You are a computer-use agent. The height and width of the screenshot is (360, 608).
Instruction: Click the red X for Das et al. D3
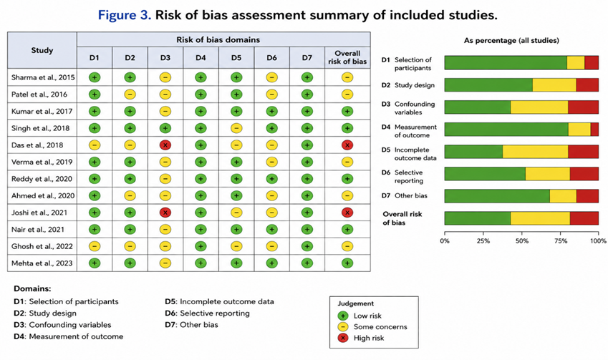(165, 145)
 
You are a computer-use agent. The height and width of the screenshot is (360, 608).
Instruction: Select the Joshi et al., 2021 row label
(39, 213)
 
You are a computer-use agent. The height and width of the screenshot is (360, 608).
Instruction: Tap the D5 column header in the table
(236, 58)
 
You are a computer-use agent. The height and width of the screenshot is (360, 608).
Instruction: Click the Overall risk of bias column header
(347, 57)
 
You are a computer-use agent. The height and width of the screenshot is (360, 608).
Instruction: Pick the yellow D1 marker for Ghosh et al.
(95, 246)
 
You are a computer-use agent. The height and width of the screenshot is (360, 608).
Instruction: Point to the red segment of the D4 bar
(594, 130)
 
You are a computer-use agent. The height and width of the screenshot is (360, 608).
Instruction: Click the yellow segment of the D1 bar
(576, 62)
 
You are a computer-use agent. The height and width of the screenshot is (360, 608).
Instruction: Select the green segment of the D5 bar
(474, 152)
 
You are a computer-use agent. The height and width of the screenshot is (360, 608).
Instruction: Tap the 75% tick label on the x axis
(560, 240)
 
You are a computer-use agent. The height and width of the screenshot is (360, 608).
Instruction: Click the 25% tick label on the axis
(483, 240)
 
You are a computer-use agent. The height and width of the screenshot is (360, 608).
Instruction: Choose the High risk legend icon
(343, 338)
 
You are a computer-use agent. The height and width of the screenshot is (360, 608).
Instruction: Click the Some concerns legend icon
(343, 326)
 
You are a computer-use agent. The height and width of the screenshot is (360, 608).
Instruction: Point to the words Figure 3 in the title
(124, 15)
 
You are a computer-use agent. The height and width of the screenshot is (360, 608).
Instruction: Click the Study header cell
(42, 50)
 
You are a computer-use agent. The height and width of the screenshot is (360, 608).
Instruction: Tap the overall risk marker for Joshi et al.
(347, 213)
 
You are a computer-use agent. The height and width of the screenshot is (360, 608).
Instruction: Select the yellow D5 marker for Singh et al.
(236, 128)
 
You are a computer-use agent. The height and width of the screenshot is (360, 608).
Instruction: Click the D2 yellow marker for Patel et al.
(130, 94)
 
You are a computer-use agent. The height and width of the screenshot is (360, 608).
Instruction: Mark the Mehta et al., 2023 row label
(42, 263)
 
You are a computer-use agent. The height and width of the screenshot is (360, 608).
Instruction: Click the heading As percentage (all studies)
(511, 41)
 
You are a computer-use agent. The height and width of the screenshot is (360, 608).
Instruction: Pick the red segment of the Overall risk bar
(584, 218)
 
